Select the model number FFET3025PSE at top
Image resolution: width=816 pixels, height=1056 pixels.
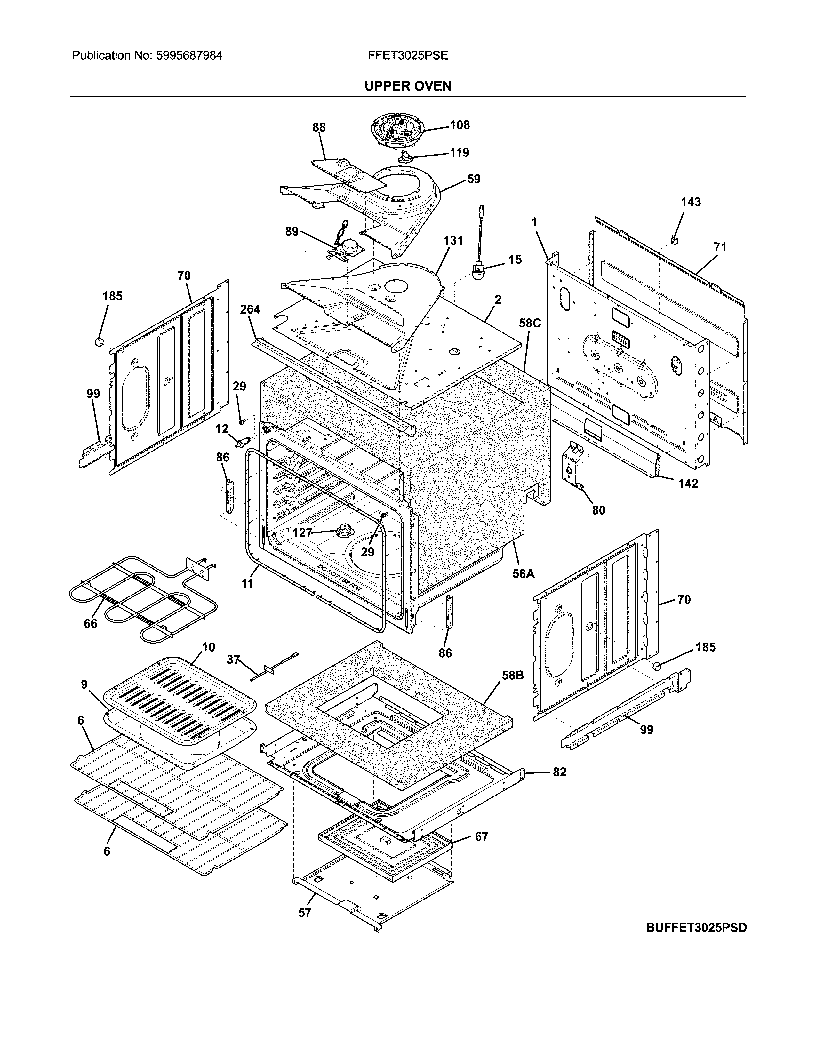click(407, 56)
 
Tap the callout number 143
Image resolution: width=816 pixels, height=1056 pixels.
click(690, 202)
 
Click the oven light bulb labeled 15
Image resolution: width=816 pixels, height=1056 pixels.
click(479, 271)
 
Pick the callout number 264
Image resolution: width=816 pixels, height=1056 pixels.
click(250, 309)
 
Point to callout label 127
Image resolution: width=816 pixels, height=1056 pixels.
click(303, 532)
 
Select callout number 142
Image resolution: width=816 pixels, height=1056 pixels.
click(688, 483)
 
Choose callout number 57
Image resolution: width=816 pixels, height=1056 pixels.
click(305, 912)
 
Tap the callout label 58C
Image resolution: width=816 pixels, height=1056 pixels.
click(530, 323)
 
